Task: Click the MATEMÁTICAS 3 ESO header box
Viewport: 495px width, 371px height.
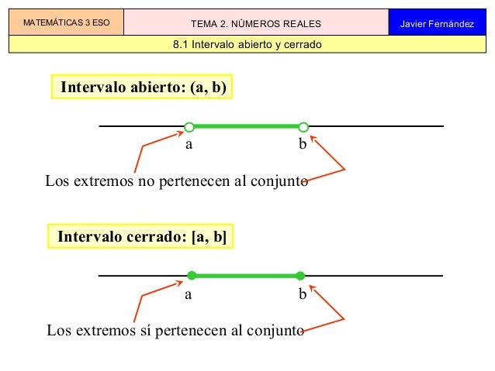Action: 66,23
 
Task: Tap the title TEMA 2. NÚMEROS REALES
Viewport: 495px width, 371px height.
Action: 255,24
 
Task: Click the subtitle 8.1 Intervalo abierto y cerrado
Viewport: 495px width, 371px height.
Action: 247,44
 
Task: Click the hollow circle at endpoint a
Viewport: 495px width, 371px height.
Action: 189,126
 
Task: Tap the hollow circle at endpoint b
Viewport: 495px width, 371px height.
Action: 303,126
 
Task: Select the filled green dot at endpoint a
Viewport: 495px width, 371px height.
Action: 191,275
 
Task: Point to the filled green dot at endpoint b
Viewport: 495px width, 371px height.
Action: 300,275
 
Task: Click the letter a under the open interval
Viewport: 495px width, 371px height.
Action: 188,144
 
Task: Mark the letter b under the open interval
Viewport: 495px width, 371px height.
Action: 303,143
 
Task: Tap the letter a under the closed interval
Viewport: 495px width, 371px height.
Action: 188,294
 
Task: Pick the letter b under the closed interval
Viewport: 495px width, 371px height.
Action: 303,294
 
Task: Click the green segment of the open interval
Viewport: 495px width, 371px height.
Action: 246,126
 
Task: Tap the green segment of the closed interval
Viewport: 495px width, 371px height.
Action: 246,275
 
